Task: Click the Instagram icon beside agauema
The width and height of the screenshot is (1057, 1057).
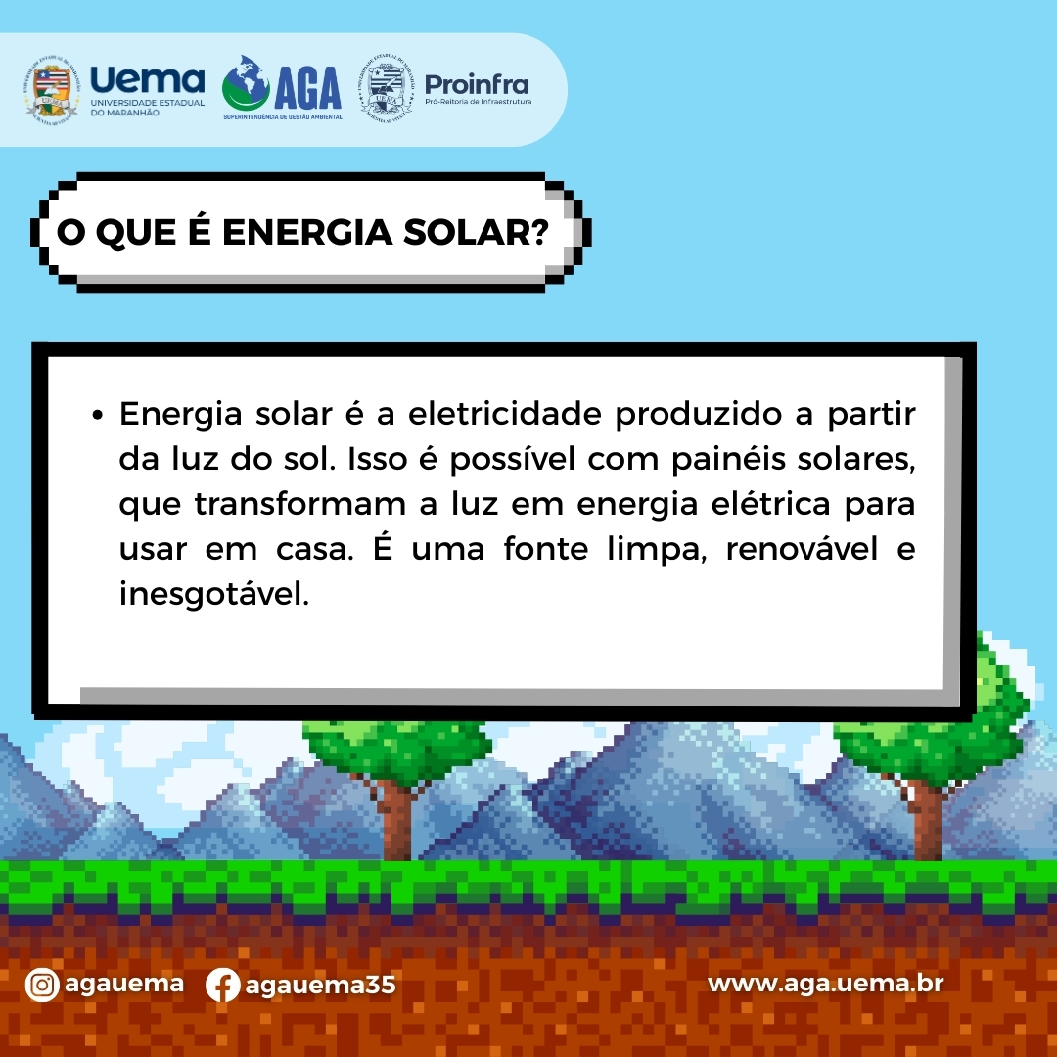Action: point(42,985)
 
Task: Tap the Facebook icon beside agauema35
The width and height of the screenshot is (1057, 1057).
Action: point(222,985)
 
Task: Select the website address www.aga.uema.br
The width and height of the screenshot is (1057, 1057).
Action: point(825,984)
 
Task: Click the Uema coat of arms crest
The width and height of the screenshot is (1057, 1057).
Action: point(51,91)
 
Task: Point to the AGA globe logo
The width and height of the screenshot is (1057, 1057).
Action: point(246,84)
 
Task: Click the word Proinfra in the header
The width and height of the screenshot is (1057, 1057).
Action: point(477,85)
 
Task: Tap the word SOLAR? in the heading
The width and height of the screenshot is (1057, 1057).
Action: point(476,232)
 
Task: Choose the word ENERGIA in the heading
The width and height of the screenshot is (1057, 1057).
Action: point(306,232)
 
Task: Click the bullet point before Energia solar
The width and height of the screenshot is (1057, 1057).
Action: point(98,415)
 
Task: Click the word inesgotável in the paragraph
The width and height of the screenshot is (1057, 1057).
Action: point(213,595)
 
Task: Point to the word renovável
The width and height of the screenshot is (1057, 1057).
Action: point(802,549)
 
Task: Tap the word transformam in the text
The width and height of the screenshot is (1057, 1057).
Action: point(299,504)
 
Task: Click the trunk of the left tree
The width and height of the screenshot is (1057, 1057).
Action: point(396,821)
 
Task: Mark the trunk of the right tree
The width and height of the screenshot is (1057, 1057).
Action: point(928,821)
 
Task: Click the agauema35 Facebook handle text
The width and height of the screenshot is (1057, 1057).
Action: point(320,986)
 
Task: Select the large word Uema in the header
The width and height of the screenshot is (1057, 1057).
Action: point(147,80)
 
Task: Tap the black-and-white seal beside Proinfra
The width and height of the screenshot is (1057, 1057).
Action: point(386,88)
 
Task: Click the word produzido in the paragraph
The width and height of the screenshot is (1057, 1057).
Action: point(698,415)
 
